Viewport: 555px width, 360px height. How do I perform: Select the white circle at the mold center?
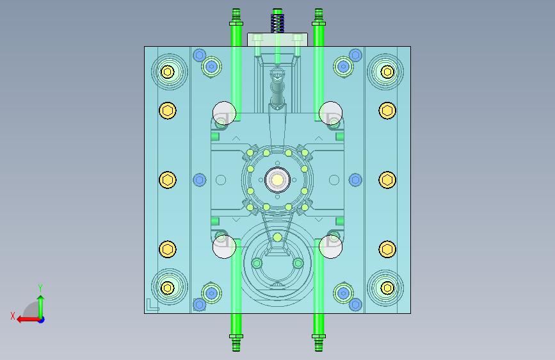(278, 180)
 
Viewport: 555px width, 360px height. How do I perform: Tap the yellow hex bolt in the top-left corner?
(168, 72)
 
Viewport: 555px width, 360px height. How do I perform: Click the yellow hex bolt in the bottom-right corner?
(387, 288)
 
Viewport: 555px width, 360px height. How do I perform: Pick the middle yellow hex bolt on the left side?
(168, 180)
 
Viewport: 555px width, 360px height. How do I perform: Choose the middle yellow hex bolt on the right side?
(387, 180)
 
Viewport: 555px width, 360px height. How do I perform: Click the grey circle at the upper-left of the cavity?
(224, 113)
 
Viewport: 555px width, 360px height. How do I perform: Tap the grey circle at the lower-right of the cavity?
(330, 247)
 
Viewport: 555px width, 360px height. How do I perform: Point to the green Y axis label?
(40, 288)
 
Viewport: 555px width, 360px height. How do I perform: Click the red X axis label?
(13, 316)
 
